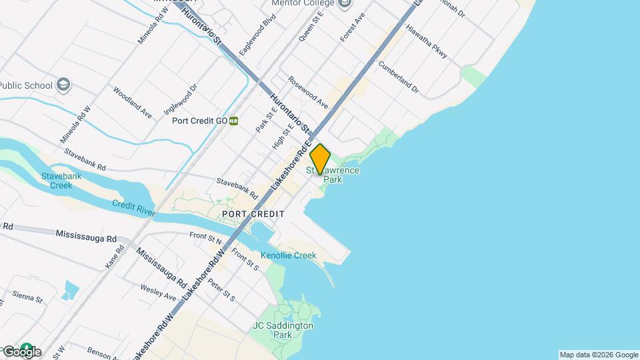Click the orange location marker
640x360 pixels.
320,159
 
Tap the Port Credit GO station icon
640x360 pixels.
234,121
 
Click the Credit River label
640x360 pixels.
133,207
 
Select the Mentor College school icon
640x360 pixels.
345,3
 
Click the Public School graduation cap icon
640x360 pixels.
63,85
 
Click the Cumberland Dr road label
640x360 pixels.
398,77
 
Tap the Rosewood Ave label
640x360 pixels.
308,93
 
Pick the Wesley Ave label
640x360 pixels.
158,292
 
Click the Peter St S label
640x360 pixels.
221,289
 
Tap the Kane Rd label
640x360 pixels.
115,257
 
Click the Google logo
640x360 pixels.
21,351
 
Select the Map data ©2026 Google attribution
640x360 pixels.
598,355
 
